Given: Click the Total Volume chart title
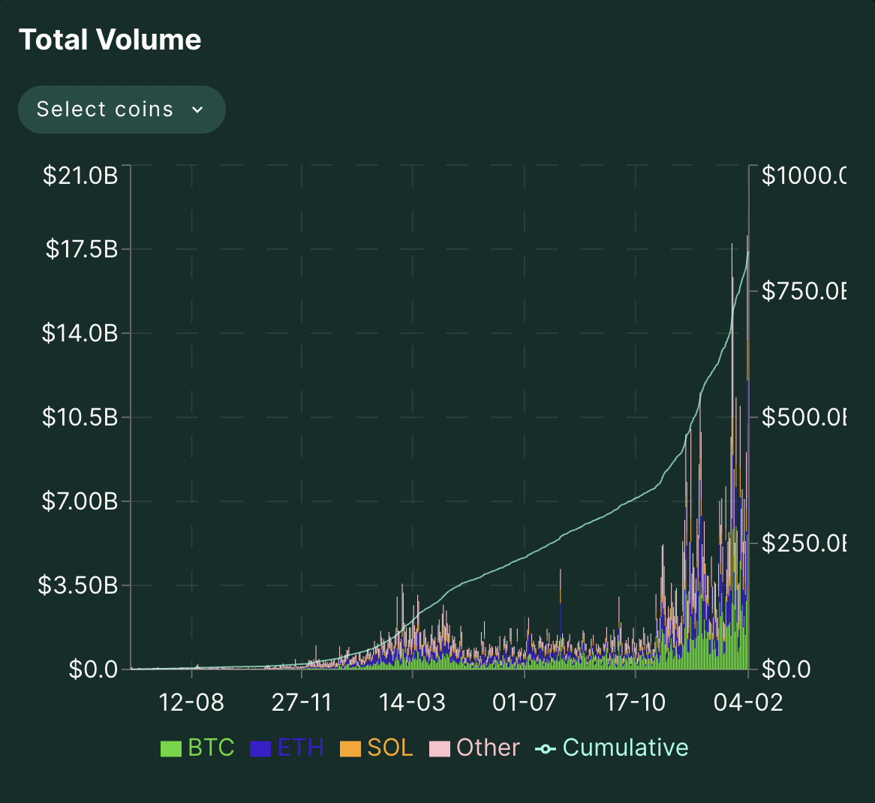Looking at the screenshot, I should tap(110, 40).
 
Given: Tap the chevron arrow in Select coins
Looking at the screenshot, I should tap(197, 110).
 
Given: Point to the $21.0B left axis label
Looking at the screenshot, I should tap(80, 176).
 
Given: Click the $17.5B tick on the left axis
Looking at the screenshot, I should tap(82, 249).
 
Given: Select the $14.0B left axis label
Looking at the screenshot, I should tap(80, 332).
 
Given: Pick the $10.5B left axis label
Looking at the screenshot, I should tap(80, 417).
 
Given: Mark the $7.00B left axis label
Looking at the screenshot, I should tap(80, 501).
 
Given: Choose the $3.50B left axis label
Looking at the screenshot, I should tap(78, 585).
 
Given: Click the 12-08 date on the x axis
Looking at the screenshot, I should tap(192, 702).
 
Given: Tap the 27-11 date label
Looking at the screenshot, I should tap(302, 702).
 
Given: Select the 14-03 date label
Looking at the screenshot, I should tap(413, 702).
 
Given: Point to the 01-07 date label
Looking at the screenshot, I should tap(524, 702).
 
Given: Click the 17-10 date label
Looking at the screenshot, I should tap(635, 702).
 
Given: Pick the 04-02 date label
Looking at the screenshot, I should tap(748, 702).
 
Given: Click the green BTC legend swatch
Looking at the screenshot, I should tap(171, 749).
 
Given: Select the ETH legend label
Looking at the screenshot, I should tap(300, 747).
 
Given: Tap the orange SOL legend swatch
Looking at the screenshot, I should tap(350, 749).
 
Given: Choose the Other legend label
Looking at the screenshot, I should tap(488, 747).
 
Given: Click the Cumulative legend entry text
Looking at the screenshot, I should tap(625, 747).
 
